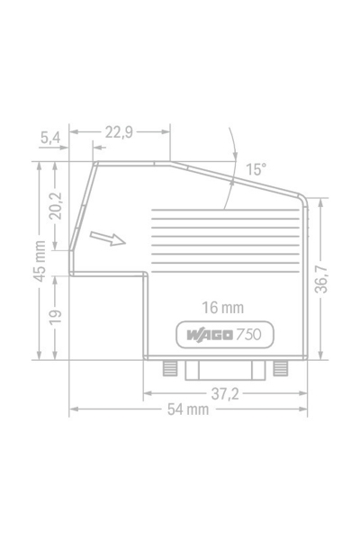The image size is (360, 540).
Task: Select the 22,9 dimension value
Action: [x=119, y=132]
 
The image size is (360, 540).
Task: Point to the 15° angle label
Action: [x=256, y=168]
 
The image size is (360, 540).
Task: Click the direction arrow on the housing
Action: [x=107, y=238]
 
